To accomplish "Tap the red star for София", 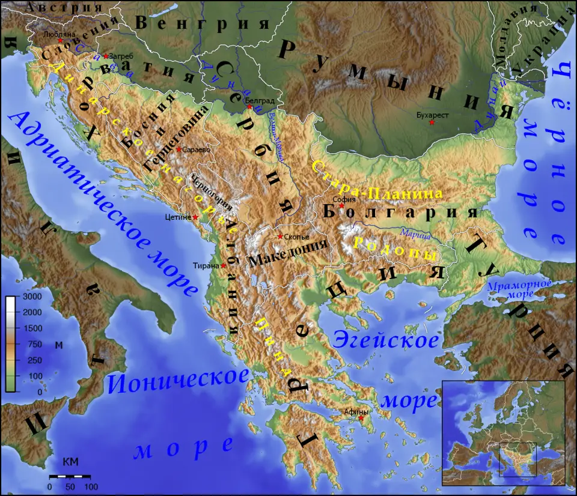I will pyautogui.click(x=341, y=206).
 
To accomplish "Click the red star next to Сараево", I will pyautogui.click(x=179, y=149).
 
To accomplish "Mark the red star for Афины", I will pyautogui.click(x=361, y=418).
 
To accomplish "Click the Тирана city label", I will pyautogui.click(x=206, y=265).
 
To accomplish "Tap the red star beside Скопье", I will pyautogui.click(x=279, y=237).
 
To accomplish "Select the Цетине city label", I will pyautogui.click(x=177, y=217).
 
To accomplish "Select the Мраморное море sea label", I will pyautogui.click(x=511, y=289).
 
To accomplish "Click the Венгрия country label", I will pyautogui.click(x=201, y=23).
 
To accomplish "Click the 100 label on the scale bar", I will pyautogui.click(x=91, y=486).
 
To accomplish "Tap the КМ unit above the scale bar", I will pyautogui.click(x=70, y=462).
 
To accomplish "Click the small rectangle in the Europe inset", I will pyautogui.click(x=517, y=460).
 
